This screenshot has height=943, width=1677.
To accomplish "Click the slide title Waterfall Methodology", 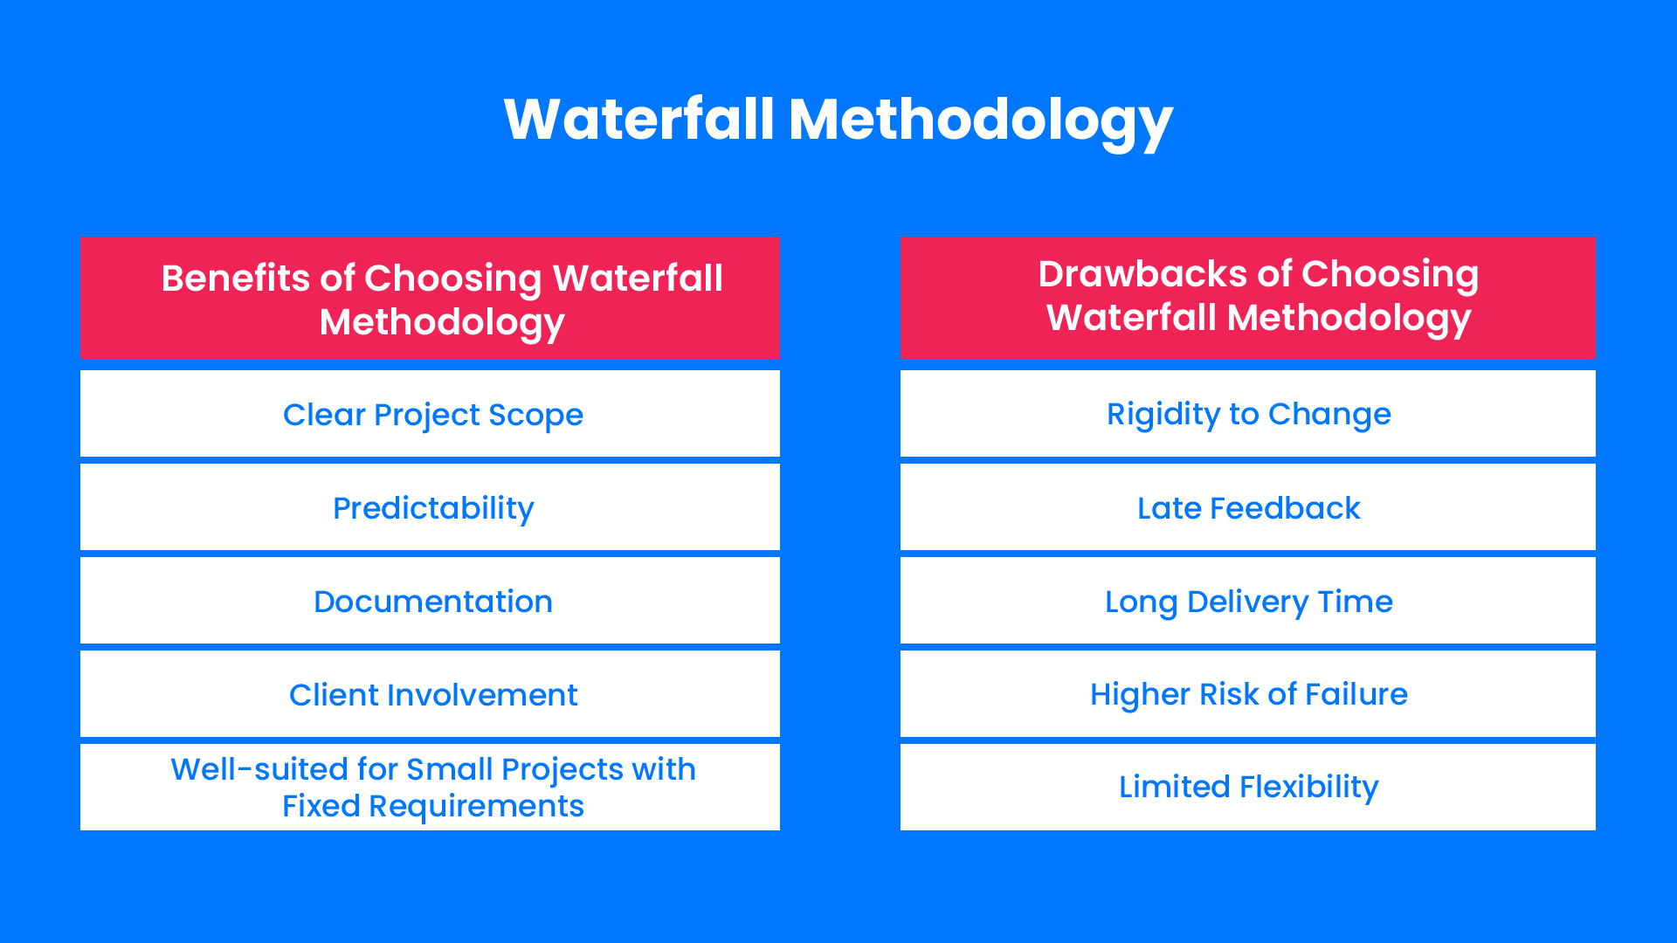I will pyautogui.click(x=838, y=120).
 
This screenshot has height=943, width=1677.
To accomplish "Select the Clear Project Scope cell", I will pyautogui.click(x=430, y=414).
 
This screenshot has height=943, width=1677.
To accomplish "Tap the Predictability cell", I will pyautogui.click(x=430, y=507).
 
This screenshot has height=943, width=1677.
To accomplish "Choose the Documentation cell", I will pyautogui.click(x=430, y=601).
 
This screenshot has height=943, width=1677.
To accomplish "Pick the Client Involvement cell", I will pyautogui.click(x=430, y=694).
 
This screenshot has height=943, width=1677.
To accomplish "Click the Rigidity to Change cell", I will pyautogui.click(x=1247, y=414).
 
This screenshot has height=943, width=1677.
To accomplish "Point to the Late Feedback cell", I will pyautogui.click(x=1247, y=507).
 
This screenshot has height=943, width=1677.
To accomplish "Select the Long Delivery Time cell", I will pyautogui.click(x=1247, y=601).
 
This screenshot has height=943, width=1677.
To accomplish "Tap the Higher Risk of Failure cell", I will pyautogui.click(x=1247, y=694).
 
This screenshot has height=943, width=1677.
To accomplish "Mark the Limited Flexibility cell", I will pyautogui.click(x=1247, y=787).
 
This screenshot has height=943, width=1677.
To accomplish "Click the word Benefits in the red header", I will pyautogui.click(x=235, y=279).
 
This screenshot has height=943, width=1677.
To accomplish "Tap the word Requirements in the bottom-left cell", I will pyautogui.click(x=476, y=806).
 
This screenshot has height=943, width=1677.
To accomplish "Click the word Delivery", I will pyautogui.click(x=1247, y=602).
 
